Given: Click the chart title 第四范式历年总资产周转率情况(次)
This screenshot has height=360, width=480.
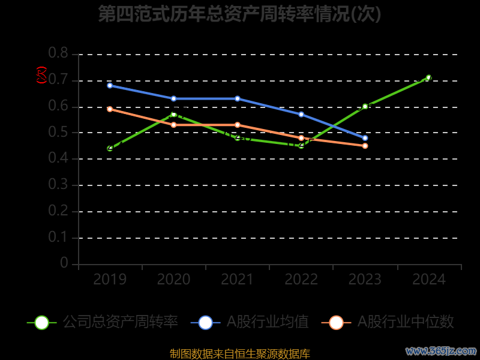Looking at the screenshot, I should [x=239, y=14].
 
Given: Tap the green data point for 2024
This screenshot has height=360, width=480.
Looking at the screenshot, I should [x=428, y=77].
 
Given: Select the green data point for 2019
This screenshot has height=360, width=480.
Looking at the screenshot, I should [x=110, y=148].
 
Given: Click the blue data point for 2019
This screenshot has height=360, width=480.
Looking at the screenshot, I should [x=110, y=85].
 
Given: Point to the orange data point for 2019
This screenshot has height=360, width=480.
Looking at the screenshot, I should [x=110, y=109].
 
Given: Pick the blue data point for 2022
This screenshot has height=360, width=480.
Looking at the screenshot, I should [x=301, y=114].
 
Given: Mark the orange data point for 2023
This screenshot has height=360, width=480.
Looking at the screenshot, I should [x=365, y=146].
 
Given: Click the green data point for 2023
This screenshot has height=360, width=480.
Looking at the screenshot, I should [x=365, y=106].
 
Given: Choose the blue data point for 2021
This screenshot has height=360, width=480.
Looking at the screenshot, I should [x=238, y=98].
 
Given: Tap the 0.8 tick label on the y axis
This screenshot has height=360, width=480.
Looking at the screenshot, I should [x=59, y=54].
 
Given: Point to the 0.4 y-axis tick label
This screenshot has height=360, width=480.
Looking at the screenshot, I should [x=59, y=158].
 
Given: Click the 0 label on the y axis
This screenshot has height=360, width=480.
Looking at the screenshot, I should [x=64, y=263].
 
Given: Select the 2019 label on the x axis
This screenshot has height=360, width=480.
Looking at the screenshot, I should [x=110, y=280].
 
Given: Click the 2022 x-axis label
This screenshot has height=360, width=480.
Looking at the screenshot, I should [x=301, y=280].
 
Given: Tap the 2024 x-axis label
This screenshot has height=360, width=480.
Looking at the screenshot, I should [x=429, y=280].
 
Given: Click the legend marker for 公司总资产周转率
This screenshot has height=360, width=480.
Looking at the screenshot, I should [x=41, y=322].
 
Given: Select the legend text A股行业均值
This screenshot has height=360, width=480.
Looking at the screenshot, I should [x=267, y=322].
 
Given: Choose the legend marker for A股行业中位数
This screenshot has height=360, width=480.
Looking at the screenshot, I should [x=336, y=322].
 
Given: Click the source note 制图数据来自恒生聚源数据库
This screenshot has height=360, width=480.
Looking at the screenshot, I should [x=239, y=353].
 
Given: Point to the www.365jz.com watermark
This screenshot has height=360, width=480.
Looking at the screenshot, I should [x=441, y=350].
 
